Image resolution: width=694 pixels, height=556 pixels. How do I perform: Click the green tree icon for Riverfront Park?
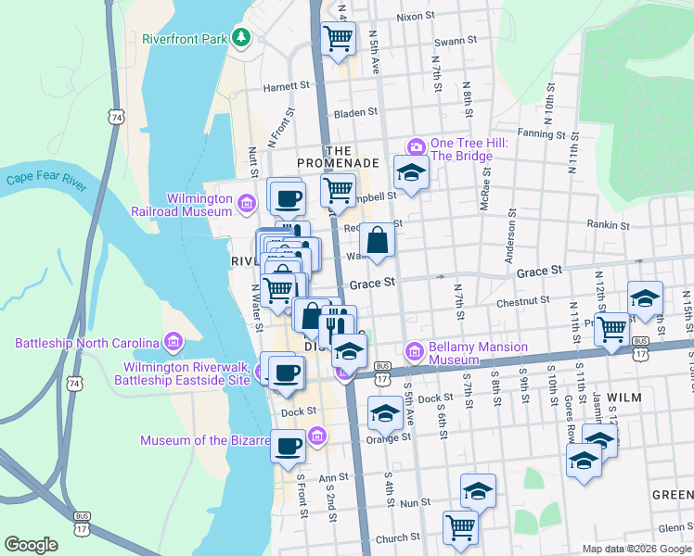tap(242, 37)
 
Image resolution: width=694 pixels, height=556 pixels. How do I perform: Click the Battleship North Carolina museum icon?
tap(173, 343)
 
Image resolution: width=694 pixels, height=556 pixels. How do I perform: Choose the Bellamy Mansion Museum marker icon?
tap(415, 351)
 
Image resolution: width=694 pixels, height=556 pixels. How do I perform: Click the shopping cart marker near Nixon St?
tap(339, 38)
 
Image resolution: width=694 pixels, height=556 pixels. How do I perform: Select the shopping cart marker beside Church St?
tap(460, 527)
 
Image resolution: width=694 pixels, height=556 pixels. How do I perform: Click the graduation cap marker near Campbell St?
tap(409, 172)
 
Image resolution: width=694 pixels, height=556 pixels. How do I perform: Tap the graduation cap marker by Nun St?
tap(478, 490)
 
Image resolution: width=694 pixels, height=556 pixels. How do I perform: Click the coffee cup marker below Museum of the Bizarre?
tap(288, 447)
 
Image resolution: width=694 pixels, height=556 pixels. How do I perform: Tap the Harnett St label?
tap(287, 85)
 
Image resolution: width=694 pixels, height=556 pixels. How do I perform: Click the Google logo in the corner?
tap(32, 545)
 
